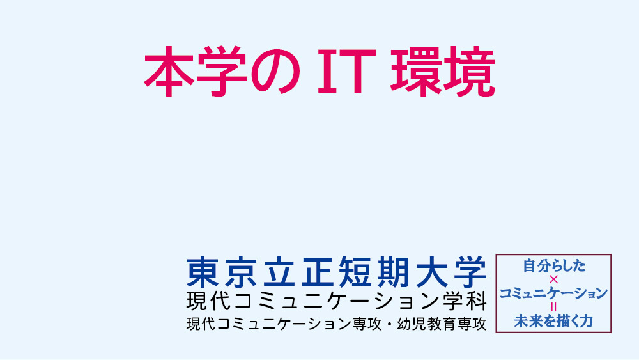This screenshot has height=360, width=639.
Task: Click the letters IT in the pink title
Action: [x=346, y=71]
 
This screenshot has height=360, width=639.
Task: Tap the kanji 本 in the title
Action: [x=169, y=72]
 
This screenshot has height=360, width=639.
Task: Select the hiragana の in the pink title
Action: [x=275, y=72]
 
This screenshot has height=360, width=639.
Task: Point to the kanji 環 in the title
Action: [x=416, y=72]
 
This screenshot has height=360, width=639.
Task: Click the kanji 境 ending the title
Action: [x=469, y=72]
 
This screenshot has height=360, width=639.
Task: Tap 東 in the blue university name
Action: [x=203, y=272]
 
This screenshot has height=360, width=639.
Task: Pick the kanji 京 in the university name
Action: [x=240, y=272]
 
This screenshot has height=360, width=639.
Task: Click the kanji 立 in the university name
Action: [x=279, y=272]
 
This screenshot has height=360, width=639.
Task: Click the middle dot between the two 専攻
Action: [x=389, y=324]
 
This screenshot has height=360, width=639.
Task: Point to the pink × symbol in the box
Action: [x=553, y=279]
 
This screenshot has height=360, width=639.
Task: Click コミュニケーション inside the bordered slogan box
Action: [x=553, y=293]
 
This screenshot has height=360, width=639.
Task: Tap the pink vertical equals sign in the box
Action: [x=553, y=306]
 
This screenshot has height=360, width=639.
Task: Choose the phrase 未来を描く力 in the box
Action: [x=553, y=321]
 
